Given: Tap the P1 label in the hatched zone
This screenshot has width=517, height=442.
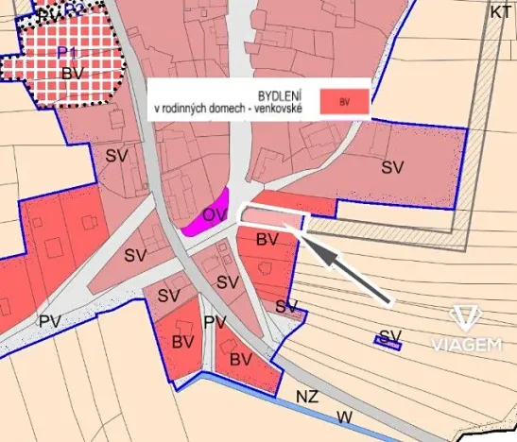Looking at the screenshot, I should (66, 53).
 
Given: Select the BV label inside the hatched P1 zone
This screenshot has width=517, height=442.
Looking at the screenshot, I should (71, 72).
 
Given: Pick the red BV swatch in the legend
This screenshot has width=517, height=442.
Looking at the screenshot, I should (343, 100).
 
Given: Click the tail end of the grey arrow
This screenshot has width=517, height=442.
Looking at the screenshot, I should (389, 302).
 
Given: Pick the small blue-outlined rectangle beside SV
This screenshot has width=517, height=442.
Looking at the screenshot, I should (387, 345).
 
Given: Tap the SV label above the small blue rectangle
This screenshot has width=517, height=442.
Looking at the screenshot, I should (390, 334).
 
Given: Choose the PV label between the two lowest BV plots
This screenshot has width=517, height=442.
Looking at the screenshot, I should (215, 322).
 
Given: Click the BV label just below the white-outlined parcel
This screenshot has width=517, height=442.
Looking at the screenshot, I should (267, 240).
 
